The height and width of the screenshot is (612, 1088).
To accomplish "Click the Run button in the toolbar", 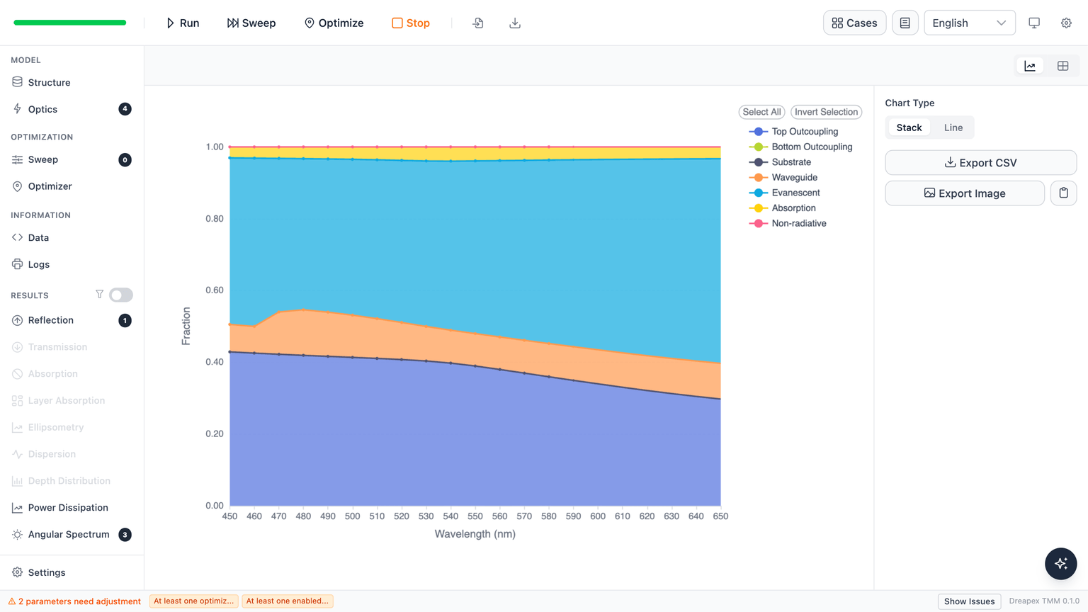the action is (183, 23).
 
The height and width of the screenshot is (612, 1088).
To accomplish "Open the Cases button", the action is (854, 23).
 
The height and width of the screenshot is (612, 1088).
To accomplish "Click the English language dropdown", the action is (970, 23).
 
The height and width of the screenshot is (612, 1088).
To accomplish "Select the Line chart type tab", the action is (953, 127).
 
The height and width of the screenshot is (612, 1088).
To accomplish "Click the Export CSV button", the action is (980, 163).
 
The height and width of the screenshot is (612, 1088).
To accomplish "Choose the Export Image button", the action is (965, 193).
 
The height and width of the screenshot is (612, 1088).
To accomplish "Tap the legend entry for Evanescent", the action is (785, 193).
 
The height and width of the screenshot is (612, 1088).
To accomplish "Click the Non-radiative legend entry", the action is (788, 223).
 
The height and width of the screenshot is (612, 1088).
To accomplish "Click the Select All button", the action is (761, 112).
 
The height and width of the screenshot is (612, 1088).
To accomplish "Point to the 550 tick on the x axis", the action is (475, 516).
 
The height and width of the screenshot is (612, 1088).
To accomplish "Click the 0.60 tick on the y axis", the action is (215, 290).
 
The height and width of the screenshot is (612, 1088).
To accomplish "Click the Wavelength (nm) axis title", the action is (475, 534).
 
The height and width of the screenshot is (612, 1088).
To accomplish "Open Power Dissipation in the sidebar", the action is (68, 508).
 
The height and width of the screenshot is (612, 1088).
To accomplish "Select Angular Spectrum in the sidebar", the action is (69, 534).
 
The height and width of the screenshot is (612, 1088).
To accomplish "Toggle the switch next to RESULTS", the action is (121, 295).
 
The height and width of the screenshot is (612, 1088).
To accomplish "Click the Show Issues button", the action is (969, 601).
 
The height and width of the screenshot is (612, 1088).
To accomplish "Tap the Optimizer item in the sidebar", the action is (50, 186).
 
